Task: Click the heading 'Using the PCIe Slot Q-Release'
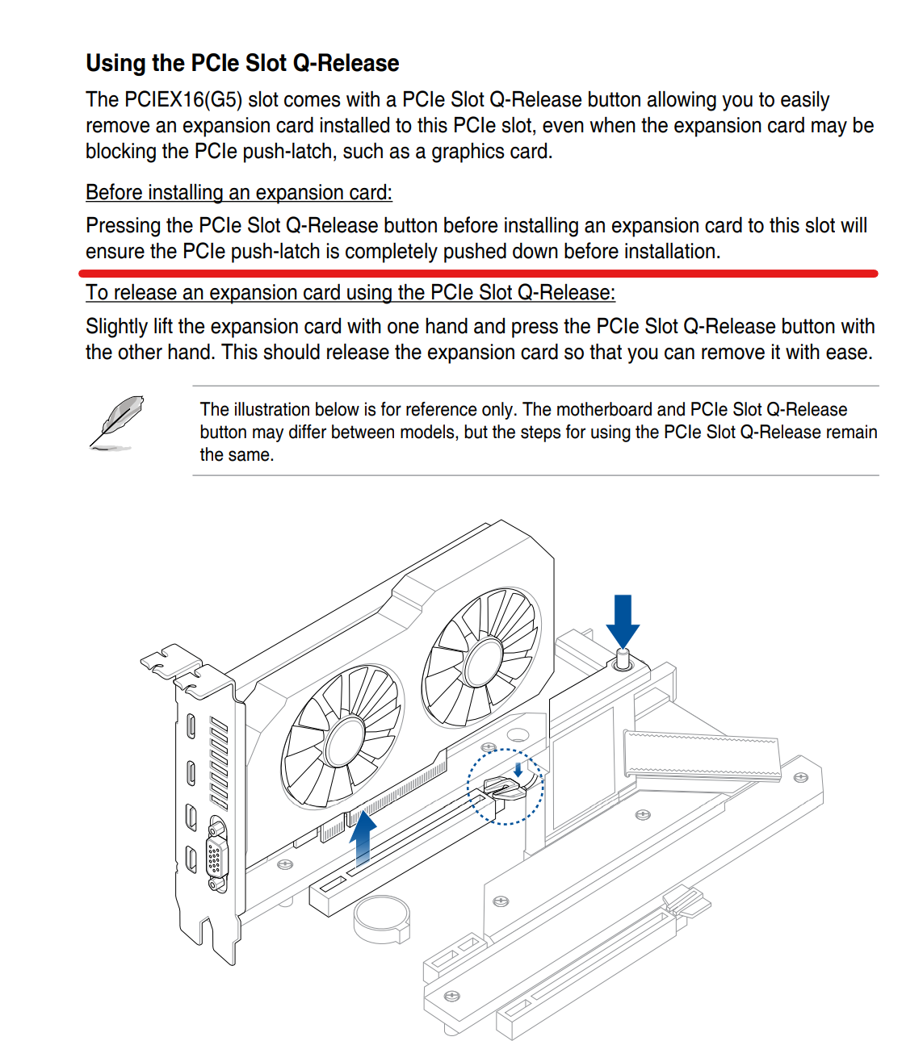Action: coord(242,64)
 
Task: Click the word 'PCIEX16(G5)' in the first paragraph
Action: coord(183,100)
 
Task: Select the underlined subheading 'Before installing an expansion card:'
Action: coord(239,192)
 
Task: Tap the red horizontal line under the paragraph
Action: coord(478,274)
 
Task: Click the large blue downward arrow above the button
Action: coord(623,621)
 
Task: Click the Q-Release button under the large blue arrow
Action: coord(623,660)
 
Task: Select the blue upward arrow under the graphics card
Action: coord(363,838)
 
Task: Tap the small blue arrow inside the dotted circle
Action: coord(518,769)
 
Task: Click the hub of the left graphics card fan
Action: coord(345,742)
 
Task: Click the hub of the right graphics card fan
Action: coord(485,663)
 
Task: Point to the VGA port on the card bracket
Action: coord(216,854)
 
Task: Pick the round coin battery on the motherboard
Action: coord(382,918)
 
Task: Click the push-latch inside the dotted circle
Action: coord(505,788)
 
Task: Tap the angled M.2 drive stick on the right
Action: coord(703,755)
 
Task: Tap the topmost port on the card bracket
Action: coord(191,725)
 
